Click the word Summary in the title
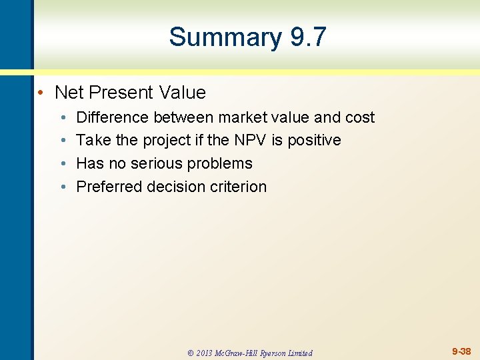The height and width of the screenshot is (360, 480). [x=226, y=37]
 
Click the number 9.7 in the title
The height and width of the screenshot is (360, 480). [x=308, y=37]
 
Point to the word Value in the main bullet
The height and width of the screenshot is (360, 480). [x=183, y=92]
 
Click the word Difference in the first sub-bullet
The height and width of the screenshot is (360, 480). [x=113, y=117]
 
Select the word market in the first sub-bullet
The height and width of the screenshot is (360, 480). [x=233, y=117]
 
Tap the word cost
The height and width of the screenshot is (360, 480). [x=359, y=117]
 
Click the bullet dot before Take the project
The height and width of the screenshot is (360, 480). [x=61, y=141]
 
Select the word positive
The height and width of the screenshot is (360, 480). [x=314, y=140]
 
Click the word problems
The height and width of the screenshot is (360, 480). [x=221, y=163]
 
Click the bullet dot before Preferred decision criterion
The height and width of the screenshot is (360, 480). [x=61, y=187]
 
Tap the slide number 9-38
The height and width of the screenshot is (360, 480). [x=461, y=351]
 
